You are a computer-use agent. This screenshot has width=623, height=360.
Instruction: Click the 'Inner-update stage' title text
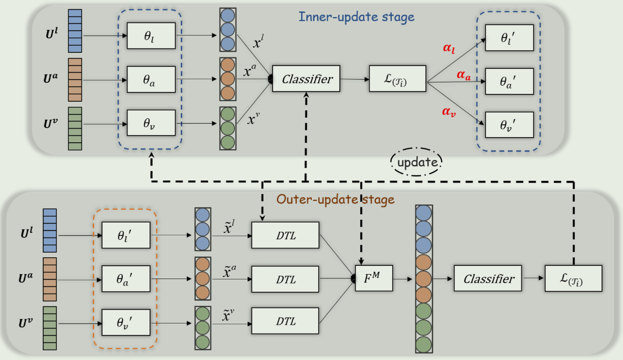click(x=356, y=17)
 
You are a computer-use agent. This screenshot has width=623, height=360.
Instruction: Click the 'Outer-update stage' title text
click(x=335, y=199)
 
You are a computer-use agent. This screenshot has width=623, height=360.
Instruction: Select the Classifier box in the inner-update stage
click(x=306, y=79)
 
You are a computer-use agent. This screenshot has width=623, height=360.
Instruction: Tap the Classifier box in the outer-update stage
click(x=488, y=278)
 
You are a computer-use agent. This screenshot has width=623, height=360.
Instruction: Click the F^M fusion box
click(x=374, y=278)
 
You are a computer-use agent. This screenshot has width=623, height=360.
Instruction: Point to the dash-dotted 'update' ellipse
click(x=416, y=163)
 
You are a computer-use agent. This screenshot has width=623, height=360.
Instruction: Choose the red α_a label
click(x=463, y=75)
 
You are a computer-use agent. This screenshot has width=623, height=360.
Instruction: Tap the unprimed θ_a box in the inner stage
click(x=151, y=79)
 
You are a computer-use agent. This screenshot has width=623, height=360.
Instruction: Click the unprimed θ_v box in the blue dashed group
click(x=151, y=123)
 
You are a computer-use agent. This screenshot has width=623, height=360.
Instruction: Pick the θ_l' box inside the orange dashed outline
click(x=126, y=235)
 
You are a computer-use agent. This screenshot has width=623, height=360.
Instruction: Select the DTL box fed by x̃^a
click(x=286, y=279)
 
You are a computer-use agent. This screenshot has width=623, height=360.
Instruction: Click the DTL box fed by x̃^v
click(x=286, y=321)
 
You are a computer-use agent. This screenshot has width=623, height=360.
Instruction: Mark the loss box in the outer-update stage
click(x=573, y=278)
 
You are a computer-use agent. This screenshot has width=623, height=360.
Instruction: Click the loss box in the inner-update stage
click(x=398, y=79)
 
